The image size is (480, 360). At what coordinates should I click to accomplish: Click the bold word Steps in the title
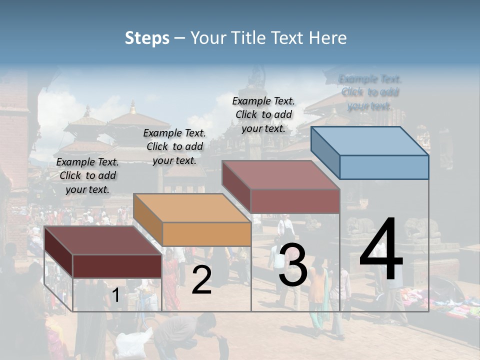pos(147,38)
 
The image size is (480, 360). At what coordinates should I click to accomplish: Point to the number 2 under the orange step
pos(201,280)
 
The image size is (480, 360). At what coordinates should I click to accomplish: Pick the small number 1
pos(115,295)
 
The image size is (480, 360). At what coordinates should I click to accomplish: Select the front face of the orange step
pos(206,234)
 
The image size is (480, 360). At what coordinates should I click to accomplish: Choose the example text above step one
pos(87,175)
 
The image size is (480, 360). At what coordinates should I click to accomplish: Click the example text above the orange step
pos(174,146)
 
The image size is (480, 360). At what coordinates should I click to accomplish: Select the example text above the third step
pos(263,114)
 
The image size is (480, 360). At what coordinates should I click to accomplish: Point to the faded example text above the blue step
pos(370,92)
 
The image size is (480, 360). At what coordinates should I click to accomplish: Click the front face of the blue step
pos(384,167)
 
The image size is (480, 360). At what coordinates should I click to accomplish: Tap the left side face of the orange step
pos(148,219)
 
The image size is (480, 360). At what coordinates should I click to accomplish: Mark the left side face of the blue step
pos(325,152)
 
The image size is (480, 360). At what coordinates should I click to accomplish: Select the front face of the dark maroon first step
pos(117,266)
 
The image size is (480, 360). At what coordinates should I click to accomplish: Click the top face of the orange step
pos(192,208)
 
